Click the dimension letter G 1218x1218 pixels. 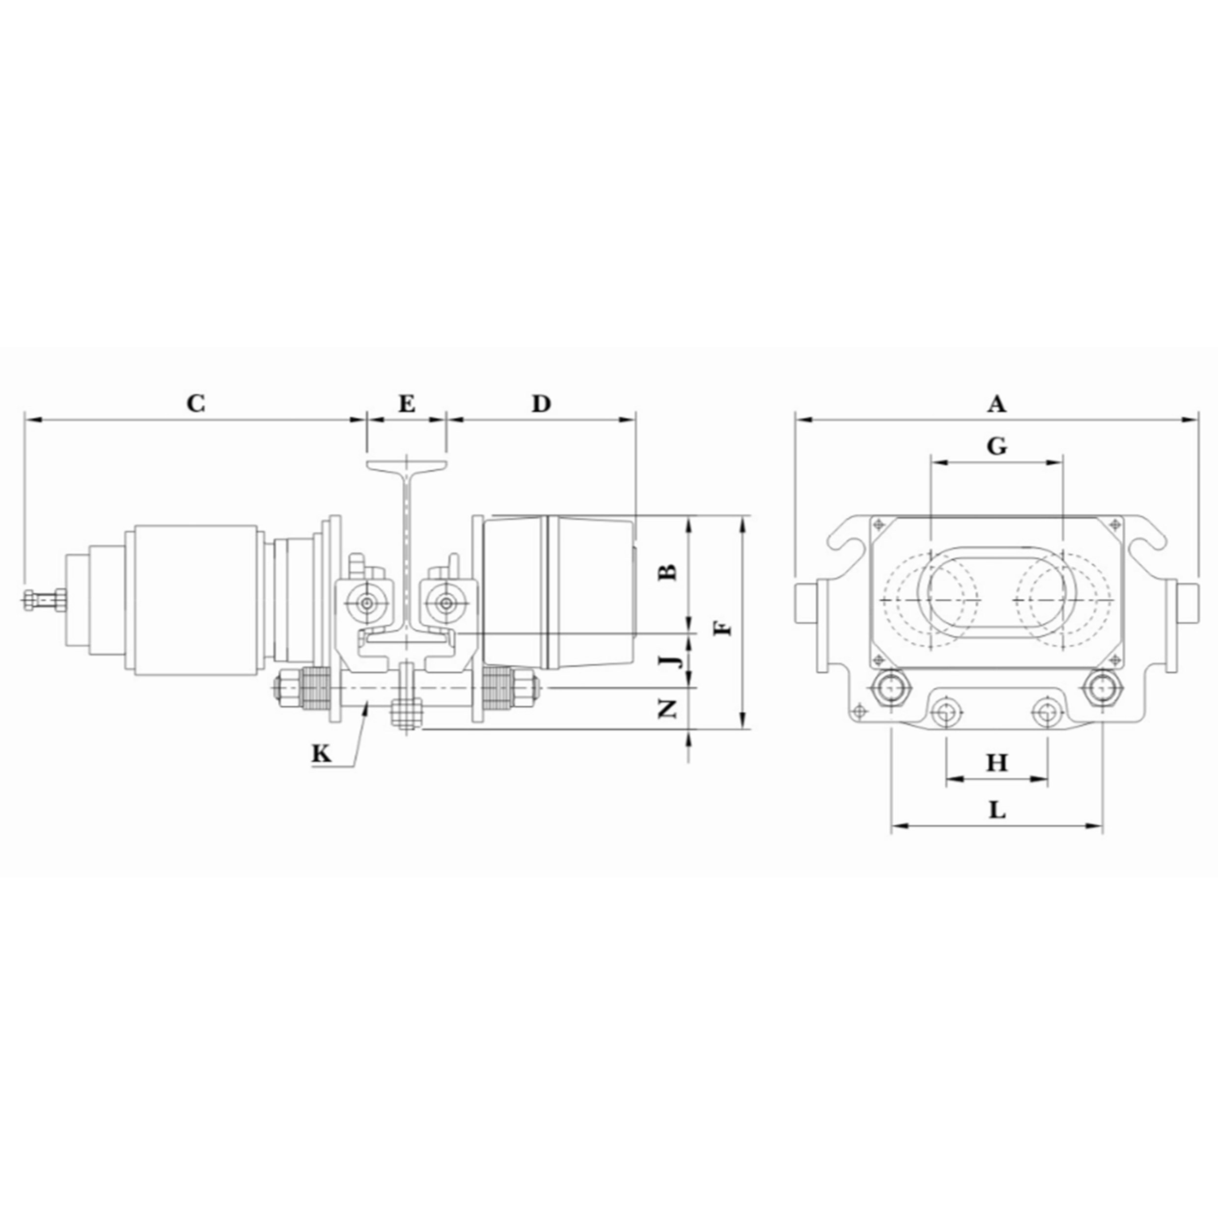[997, 446]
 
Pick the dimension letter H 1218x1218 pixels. [997, 763]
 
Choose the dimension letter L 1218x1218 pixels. [997, 810]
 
